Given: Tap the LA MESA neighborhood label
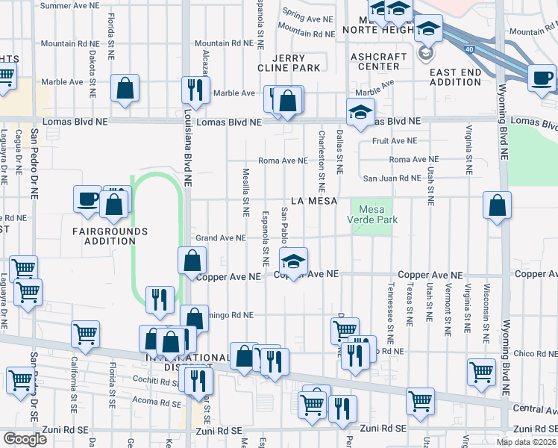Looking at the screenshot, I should coord(314,201).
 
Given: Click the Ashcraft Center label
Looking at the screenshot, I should coord(380,61).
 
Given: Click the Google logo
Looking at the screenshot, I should coord(24,439).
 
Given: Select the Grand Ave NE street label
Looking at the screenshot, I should coord(220,238).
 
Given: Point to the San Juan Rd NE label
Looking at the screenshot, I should coord(392,178).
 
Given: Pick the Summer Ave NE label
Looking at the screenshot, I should coord(69,5).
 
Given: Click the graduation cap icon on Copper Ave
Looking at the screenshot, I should coord(293,262).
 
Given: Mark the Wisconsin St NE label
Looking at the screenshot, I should coord(486,308).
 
